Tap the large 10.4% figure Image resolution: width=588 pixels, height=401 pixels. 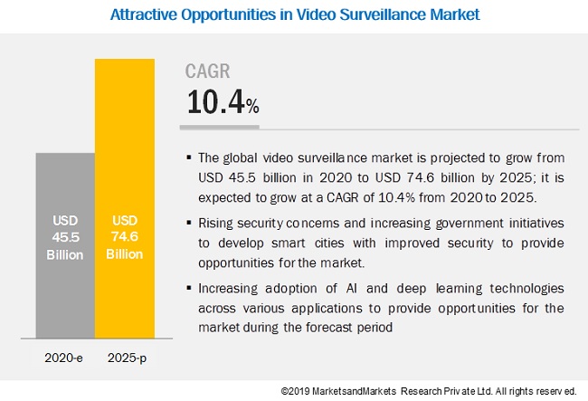(223, 101)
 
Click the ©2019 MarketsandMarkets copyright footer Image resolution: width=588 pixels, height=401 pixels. (428, 390)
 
